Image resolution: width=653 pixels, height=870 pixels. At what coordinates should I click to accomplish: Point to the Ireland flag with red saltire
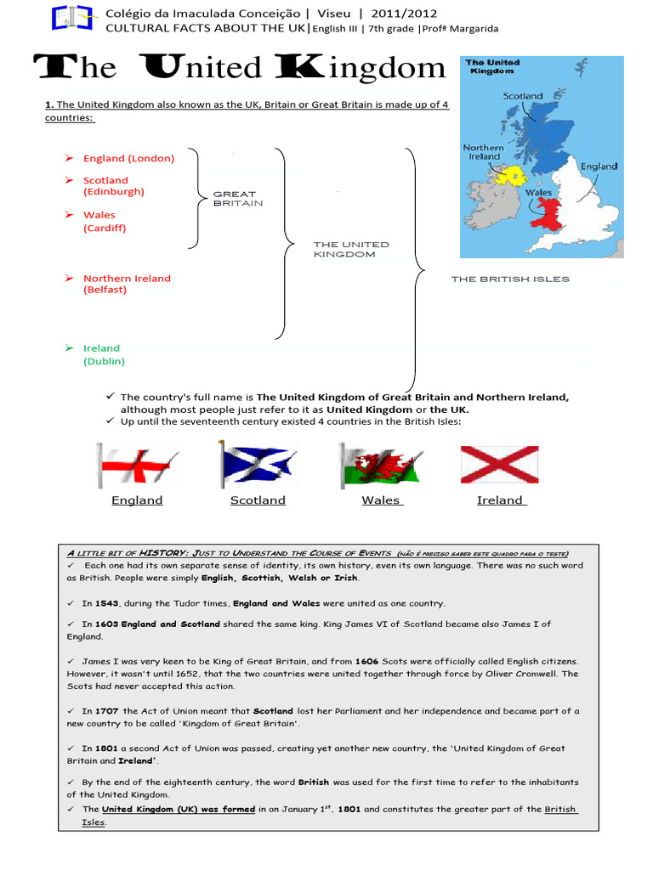[x=499, y=464]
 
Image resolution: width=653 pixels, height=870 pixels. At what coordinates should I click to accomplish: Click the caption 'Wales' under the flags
[x=381, y=500]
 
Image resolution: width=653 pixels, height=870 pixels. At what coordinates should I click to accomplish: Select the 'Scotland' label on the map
[x=523, y=97]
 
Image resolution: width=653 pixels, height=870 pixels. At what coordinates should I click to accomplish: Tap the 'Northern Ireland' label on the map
[x=483, y=152]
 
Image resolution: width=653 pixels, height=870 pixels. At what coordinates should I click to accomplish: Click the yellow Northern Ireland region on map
[x=510, y=176]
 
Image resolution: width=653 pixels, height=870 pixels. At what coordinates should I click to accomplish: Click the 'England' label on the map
[x=599, y=167]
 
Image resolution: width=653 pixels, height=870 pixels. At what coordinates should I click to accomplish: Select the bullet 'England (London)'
[x=128, y=158]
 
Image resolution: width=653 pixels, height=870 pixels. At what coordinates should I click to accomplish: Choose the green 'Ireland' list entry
[x=102, y=348]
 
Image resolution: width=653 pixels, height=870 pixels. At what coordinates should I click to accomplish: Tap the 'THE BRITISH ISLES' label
[x=510, y=279]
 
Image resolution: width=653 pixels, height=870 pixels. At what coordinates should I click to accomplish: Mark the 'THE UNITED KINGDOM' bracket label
[x=351, y=249]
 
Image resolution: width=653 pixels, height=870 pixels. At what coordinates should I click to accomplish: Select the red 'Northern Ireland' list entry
[x=127, y=279]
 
